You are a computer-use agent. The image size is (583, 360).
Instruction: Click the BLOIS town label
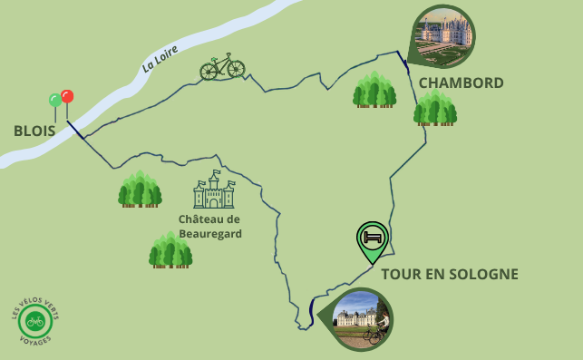point(34,131)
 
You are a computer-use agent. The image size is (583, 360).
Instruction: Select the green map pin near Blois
point(55,101)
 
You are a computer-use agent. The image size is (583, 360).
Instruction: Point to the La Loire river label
point(160,58)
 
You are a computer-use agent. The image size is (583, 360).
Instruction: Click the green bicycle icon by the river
point(222,66)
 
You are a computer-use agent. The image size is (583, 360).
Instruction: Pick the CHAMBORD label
point(461,83)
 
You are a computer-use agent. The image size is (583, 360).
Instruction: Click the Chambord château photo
point(444,36)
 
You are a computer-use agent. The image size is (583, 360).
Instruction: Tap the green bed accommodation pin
point(372,238)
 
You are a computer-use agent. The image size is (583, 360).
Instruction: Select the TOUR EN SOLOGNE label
point(449,274)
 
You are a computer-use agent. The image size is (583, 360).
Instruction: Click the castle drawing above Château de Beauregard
point(214,190)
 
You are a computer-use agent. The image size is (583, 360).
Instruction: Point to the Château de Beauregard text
point(209,226)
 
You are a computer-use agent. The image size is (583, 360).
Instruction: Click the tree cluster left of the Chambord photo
point(374,90)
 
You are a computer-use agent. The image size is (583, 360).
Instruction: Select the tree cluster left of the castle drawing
point(140,189)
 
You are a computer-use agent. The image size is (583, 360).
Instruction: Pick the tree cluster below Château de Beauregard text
point(170,249)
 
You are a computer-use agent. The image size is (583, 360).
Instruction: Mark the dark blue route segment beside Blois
point(75,130)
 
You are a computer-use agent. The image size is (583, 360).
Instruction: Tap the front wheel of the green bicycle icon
point(236,69)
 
